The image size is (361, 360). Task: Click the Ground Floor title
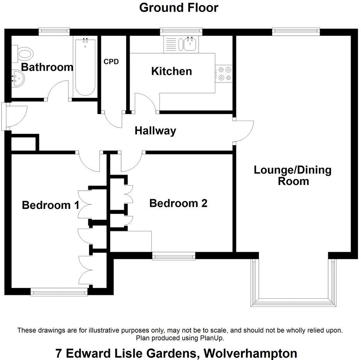(179, 8)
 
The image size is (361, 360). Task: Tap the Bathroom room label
(47, 67)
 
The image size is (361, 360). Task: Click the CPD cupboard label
(111, 61)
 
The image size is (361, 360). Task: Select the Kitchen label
(171, 71)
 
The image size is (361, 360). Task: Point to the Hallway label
(155, 131)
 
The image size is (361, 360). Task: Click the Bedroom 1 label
(51, 205)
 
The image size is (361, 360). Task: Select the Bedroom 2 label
(178, 203)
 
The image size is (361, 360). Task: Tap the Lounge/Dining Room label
(293, 175)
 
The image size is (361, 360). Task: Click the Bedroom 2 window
(174, 256)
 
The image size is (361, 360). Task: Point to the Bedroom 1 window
(59, 293)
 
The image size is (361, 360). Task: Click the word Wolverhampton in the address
(250, 353)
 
